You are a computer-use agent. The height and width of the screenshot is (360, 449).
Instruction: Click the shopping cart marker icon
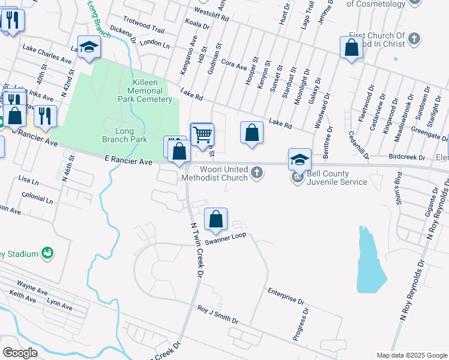click(202, 133)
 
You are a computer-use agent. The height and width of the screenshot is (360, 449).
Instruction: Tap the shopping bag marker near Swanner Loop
click(215, 220)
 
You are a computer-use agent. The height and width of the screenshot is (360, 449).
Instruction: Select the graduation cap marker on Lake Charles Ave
click(89, 48)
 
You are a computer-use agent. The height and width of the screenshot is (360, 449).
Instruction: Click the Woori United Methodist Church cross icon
click(256, 173)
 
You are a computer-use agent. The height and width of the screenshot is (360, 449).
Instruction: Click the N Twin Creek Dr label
click(194, 250)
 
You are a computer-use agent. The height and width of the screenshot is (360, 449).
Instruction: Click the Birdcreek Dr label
click(406, 157)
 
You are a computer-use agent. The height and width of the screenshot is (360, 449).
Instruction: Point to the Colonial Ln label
click(37, 196)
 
